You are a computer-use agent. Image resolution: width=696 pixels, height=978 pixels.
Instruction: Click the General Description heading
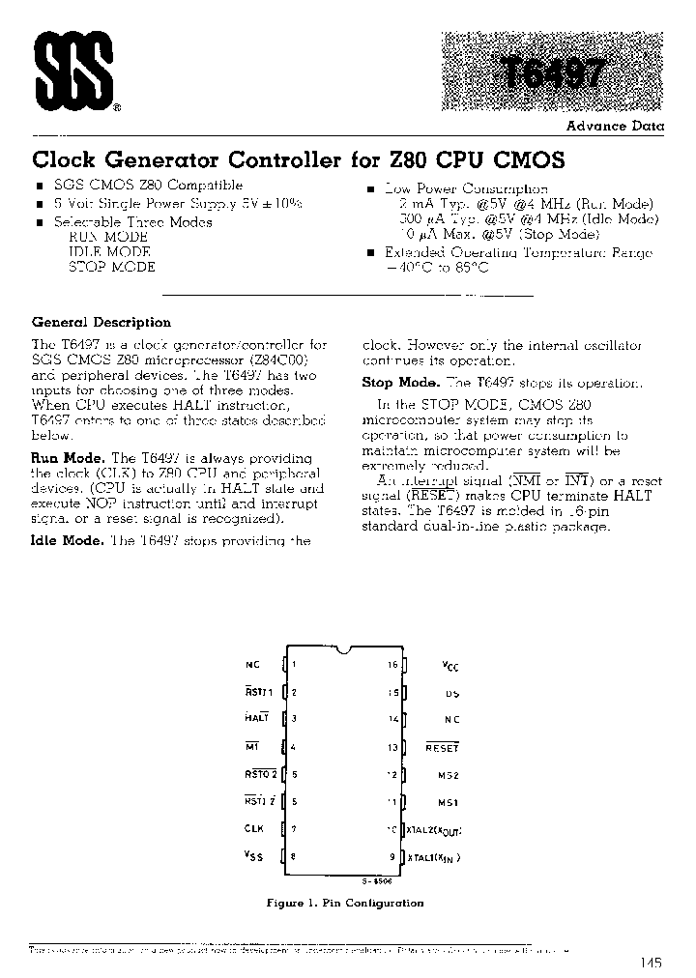point(101,323)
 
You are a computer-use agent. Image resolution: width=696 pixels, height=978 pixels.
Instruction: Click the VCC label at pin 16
point(451,665)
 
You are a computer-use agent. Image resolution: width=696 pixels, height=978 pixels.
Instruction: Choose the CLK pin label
point(253,828)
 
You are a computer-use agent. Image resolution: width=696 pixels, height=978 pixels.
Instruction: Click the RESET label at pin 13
point(443,747)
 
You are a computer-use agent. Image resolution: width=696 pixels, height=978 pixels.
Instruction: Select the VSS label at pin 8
point(254,855)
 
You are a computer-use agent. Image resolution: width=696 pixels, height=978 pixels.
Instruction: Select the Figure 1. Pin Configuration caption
point(345,903)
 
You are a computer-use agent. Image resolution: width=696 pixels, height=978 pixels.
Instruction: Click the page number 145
point(651,963)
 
